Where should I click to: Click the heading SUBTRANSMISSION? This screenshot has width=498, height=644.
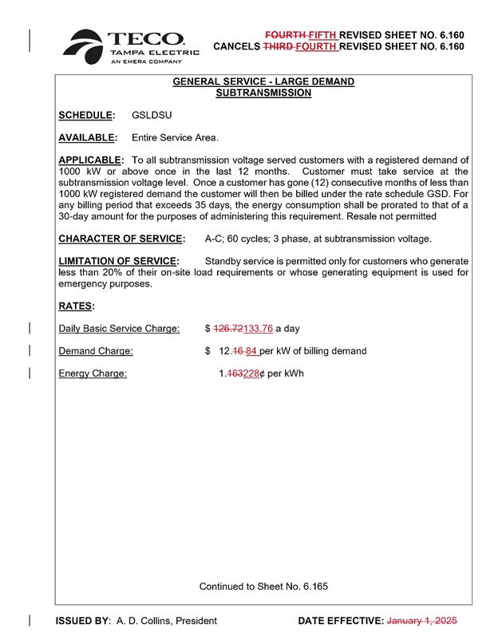pyautogui.click(x=263, y=93)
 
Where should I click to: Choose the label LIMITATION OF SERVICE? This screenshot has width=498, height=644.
pyautogui.click(x=117, y=261)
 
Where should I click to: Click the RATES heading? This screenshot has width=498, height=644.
pyautogui.click(x=77, y=306)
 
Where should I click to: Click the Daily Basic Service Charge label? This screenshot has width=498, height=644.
pyautogui.click(x=119, y=328)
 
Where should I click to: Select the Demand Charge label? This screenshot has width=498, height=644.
pyautogui.click(x=96, y=350)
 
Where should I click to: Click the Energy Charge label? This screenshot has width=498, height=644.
pyautogui.click(x=93, y=373)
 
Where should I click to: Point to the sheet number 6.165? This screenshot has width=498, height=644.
pyautogui.click(x=315, y=587)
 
